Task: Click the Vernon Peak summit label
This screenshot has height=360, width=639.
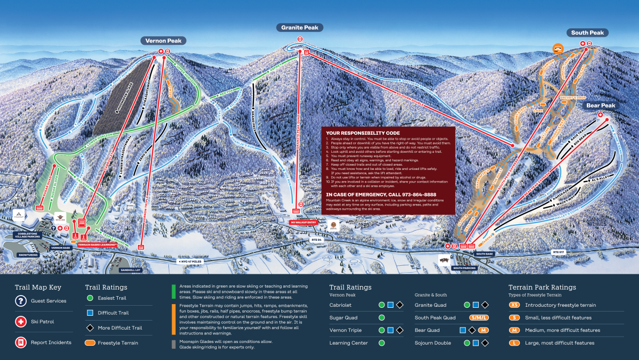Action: pos(164,41)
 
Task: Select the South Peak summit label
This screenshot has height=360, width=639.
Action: pos(587,33)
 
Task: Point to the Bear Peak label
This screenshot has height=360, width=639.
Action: pos(601,105)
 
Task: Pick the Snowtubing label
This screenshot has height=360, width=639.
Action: pos(28,255)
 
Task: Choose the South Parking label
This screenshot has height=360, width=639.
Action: pos(464,268)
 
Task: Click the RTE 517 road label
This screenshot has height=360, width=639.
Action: pos(559,252)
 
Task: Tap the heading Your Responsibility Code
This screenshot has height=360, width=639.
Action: pos(363,133)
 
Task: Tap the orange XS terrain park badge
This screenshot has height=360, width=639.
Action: pos(514,305)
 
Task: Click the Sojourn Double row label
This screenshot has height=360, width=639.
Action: pos(432,343)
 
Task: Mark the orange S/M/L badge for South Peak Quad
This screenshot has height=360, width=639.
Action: pos(479,318)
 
